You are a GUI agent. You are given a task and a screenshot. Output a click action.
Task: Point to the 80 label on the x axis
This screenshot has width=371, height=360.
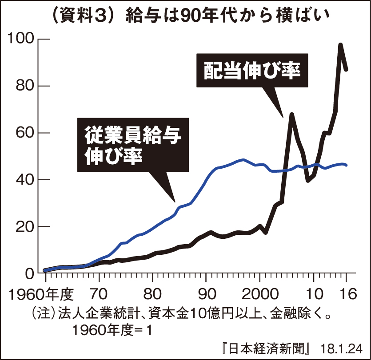click(152, 295)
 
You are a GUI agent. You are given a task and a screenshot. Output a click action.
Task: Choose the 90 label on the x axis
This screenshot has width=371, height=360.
click(206, 295)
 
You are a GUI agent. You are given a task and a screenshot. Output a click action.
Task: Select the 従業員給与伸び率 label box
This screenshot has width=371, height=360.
click(133, 145)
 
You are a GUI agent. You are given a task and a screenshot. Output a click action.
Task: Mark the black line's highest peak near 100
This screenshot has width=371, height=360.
click(341, 45)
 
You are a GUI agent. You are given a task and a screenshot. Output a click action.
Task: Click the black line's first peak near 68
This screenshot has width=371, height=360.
click(291, 115)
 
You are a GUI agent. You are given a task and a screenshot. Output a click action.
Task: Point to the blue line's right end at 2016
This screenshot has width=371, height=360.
click(346, 165)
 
